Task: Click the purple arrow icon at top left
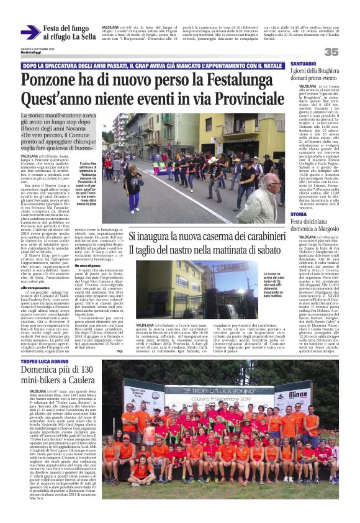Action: point(30,32)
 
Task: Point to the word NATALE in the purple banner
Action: point(272,65)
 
